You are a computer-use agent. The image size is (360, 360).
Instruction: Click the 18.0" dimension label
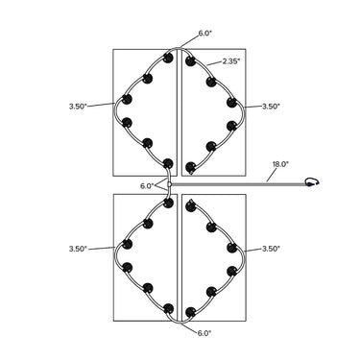(x=280, y=164)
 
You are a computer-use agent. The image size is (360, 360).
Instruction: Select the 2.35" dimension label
(x=231, y=61)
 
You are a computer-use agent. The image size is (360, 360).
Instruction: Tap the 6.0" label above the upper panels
(x=205, y=34)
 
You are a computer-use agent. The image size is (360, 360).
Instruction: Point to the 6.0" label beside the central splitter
(x=147, y=186)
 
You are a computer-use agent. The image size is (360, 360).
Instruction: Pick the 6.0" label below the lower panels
(x=204, y=333)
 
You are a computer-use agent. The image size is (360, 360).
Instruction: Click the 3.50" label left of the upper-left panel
(x=78, y=107)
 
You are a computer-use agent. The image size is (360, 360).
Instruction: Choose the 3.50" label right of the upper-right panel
(x=271, y=107)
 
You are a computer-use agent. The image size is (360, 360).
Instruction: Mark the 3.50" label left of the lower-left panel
(x=78, y=249)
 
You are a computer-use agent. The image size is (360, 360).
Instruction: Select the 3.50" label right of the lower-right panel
(x=271, y=249)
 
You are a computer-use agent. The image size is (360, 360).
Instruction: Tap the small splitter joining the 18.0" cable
(x=169, y=184)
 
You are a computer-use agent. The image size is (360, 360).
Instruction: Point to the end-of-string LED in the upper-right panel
(x=191, y=167)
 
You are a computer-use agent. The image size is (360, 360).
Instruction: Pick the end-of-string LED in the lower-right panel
(x=191, y=205)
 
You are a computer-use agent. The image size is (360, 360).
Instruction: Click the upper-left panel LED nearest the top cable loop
(x=168, y=58)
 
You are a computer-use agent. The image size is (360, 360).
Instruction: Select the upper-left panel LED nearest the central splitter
(x=168, y=163)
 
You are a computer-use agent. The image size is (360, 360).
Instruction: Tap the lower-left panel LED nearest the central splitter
(x=168, y=203)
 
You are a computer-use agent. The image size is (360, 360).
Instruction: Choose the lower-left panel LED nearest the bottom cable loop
(x=168, y=309)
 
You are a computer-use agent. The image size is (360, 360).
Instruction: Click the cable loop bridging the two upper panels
(x=180, y=48)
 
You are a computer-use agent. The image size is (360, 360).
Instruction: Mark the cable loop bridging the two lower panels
(x=180, y=321)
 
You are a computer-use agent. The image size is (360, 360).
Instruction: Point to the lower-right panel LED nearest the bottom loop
(x=191, y=312)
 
